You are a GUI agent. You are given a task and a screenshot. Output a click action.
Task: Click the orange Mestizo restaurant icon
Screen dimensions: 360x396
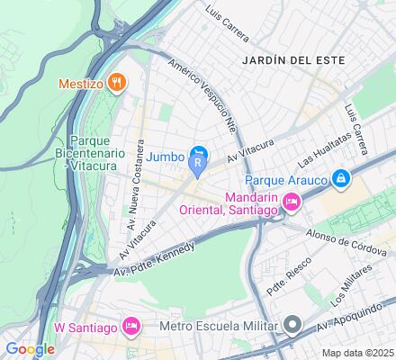pyautogui.click(x=114, y=83)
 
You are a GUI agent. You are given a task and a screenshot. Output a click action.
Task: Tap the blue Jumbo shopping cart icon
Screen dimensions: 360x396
pyautogui.click(x=200, y=154)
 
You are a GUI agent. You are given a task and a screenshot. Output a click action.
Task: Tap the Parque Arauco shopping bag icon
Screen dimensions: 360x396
pyautogui.click(x=341, y=179)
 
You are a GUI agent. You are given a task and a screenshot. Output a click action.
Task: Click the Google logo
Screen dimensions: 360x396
pyautogui.click(x=29, y=349)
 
